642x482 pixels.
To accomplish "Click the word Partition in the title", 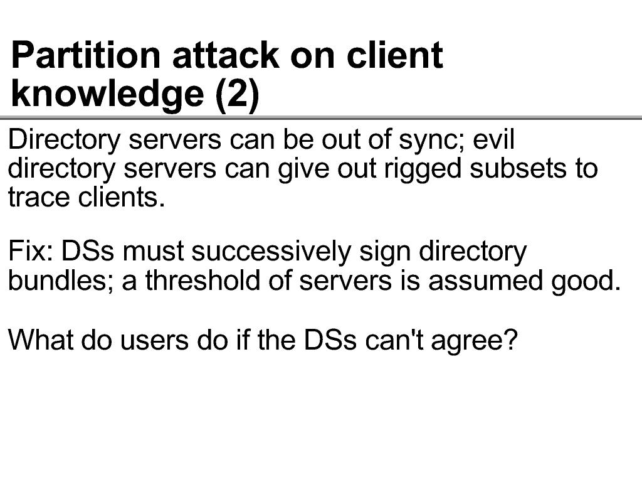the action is point(85,55).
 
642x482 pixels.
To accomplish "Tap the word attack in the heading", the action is point(225,55).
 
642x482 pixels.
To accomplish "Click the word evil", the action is point(493,139).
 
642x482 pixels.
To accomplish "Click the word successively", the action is point(271,252).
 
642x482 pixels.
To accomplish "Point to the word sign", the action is point(385,252).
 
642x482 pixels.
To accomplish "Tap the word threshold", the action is point(203,280).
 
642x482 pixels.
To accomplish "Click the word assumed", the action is point(485,280).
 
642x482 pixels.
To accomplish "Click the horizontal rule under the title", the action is point(321,118).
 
